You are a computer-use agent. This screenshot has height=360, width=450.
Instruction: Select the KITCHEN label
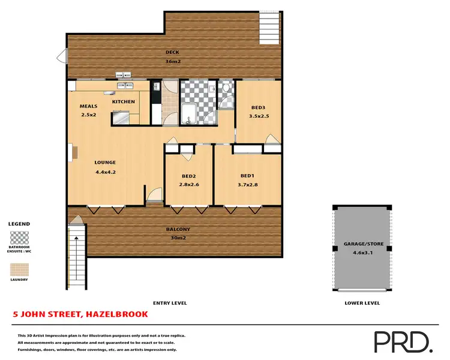pos(124,102)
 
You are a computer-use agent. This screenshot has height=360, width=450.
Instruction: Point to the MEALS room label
pos(88,106)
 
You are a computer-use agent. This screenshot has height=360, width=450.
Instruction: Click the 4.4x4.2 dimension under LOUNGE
pos(105,172)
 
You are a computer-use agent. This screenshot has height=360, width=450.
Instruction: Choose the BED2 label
pos(190,176)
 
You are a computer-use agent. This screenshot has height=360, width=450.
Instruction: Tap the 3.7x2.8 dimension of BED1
pos(248,184)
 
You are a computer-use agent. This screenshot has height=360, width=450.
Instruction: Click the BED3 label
pos(259,108)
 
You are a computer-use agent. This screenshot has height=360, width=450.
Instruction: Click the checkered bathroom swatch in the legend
pos(19,237)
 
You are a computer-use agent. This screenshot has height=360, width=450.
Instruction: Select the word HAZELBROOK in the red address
pos(116,314)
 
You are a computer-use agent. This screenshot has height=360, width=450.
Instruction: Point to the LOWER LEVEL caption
pos(362,303)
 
